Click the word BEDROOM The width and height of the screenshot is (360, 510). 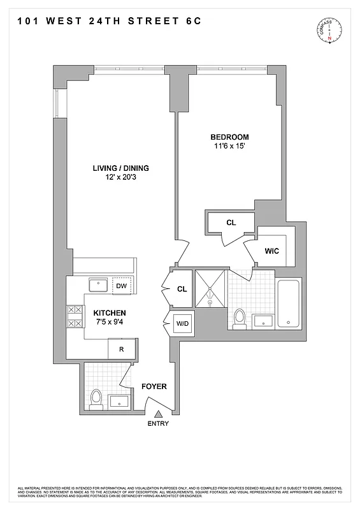[229, 137]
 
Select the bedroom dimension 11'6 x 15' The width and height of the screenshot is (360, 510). [229, 147]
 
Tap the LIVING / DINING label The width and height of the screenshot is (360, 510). [120, 168]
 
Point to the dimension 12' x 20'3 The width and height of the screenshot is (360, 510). [120, 178]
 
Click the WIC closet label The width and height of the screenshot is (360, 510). [271, 251]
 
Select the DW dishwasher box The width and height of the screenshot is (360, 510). [121, 286]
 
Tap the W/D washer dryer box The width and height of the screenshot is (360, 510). [182, 324]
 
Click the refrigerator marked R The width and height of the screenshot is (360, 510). [120, 349]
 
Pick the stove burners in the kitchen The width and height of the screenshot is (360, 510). [75, 317]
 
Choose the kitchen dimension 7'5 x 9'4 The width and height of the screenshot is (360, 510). [110, 323]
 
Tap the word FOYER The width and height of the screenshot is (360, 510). [154, 386]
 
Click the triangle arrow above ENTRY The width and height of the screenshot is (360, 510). [158, 414]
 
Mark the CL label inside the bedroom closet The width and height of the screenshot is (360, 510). [231, 222]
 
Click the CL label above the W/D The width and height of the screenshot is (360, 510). [182, 289]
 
